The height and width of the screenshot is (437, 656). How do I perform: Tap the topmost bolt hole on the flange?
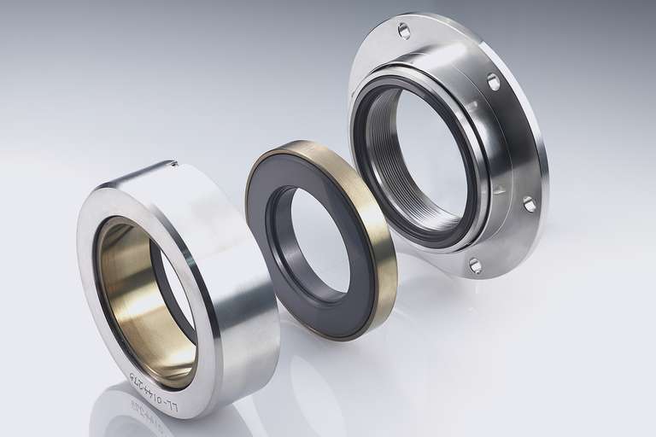pos(404,32)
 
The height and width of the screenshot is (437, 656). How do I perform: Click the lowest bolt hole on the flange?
pos(475,265)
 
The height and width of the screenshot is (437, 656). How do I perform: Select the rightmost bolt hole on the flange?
pos(530,204)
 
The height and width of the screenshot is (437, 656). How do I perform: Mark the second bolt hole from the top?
pos(493,81)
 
